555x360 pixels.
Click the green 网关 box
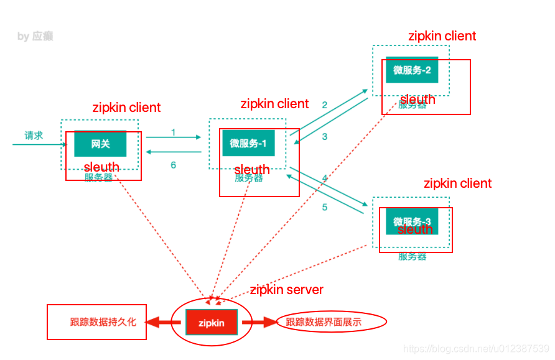(x=100, y=144)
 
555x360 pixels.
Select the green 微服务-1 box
(x=248, y=144)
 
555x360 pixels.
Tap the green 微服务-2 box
(x=412, y=70)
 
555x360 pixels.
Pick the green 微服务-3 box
(x=412, y=221)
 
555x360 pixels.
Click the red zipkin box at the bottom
(x=211, y=323)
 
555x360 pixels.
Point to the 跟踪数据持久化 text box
(x=97, y=322)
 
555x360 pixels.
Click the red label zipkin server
(x=286, y=290)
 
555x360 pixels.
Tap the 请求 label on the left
(x=34, y=136)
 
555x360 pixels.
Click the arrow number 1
(x=173, y=132)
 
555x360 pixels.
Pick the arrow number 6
(x=173, y=165)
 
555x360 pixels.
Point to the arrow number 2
(x=324, y=105)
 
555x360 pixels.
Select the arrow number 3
(x=324, y=137)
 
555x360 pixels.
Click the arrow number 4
(x=324, y=178)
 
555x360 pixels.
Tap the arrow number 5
(x=324, y=207)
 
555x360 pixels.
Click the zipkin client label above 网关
(x=126, y=108)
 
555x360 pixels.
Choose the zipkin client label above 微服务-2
(x=442, y=36)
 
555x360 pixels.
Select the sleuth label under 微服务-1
(x=252, y=170)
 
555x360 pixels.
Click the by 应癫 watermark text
(x=35, y=37)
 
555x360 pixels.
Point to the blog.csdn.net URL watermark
(x=476, y=349)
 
